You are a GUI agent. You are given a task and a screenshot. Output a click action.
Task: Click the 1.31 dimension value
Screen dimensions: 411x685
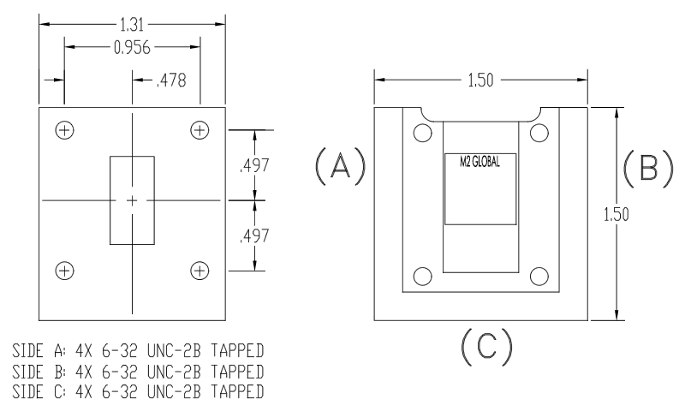132,26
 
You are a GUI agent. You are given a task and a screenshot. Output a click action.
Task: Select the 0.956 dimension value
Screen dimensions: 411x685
133,48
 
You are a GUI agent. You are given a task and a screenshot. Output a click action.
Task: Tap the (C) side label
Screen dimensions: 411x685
479,345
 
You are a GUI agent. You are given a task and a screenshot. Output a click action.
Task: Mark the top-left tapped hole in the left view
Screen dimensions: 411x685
63,130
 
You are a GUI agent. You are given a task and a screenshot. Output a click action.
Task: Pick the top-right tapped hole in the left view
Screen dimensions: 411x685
200,130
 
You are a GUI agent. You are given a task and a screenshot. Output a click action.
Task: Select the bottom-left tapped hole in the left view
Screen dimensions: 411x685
63,271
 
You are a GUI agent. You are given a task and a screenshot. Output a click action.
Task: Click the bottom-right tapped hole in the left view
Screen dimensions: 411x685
200,271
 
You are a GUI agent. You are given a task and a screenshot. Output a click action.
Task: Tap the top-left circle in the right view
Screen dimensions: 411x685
421,134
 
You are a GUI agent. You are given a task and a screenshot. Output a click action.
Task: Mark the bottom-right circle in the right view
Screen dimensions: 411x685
539,275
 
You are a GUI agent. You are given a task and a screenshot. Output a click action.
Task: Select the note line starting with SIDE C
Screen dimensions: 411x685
137,390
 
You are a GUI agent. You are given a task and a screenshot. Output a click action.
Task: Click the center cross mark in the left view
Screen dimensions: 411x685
132,200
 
